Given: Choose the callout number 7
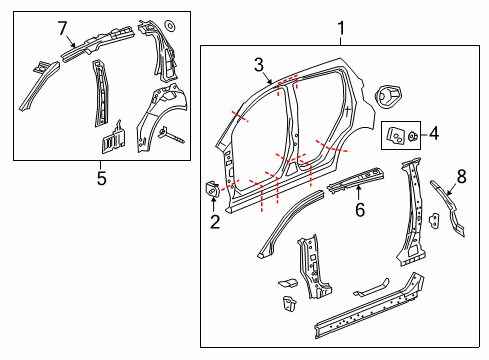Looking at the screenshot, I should click(62, 26).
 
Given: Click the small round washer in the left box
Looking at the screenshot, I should click(169, 24).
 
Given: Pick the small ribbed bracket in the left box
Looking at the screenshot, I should click(114, 137).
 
